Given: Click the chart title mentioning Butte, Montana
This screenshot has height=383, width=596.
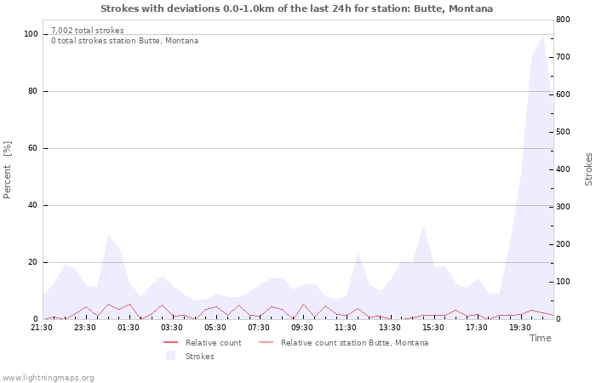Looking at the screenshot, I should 296,9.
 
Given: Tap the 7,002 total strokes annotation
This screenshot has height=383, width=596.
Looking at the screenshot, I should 87,31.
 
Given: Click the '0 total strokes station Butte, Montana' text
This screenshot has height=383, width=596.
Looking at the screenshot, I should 124,41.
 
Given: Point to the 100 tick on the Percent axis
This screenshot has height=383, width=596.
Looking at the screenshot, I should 31,34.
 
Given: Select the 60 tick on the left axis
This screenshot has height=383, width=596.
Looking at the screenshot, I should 32,148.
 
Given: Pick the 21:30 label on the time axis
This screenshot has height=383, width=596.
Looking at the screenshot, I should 42,327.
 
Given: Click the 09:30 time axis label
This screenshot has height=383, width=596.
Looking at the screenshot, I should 302,327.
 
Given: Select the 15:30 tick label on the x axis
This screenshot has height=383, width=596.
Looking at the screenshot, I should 433,327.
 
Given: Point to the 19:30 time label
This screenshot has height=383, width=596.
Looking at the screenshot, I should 519,327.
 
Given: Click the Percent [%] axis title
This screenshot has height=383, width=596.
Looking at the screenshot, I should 8,170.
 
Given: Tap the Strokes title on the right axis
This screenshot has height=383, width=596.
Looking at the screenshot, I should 588,169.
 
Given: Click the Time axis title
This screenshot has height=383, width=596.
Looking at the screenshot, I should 540,338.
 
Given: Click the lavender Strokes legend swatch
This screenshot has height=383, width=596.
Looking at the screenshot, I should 171,356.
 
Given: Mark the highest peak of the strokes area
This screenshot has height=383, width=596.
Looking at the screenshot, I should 542,35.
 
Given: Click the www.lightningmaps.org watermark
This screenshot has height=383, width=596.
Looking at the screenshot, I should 48,377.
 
